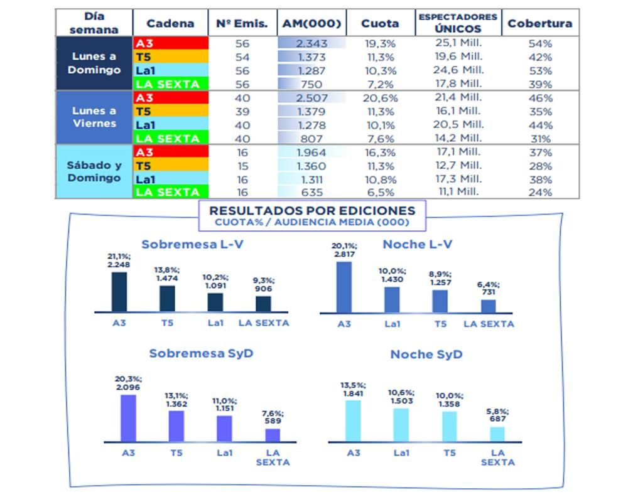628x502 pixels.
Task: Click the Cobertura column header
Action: tap(539, 23)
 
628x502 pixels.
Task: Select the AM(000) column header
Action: tap(311, 23)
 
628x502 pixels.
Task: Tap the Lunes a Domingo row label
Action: tap(94, 63)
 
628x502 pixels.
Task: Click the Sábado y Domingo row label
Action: tap(94, 171)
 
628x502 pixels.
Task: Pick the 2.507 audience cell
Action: tap(311, 98)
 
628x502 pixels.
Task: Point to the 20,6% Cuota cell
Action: tap(379, 98)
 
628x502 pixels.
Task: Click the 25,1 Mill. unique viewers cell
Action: tap(458, 43)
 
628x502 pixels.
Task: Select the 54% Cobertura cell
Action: tap(539, 43)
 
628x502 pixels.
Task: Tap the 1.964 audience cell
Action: tap(311, 152)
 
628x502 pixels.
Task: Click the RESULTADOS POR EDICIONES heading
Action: tap(312, 211)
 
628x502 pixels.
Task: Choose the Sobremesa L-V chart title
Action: tap(192, 244)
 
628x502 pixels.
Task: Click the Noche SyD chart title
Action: tap(426, 355)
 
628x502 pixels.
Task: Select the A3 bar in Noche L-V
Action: tap(344, 287)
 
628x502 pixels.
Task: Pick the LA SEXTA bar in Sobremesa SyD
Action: tap(273, 435)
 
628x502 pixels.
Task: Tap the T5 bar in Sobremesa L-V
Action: tap(167, 299)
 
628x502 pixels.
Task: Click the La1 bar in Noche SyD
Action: tap(401, 425)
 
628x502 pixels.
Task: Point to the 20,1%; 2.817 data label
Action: tap(345, 250)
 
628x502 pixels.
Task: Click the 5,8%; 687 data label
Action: tap(497, 415)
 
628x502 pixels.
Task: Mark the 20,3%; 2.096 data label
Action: tap(128, 383)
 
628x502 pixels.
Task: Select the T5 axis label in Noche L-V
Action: tap(440, 324)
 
